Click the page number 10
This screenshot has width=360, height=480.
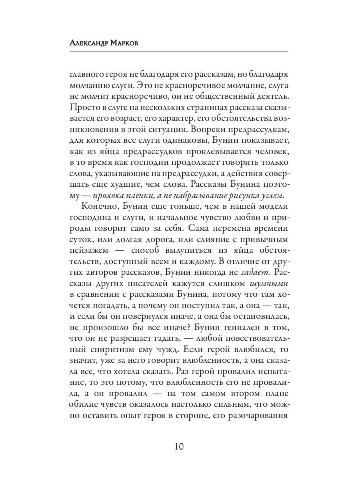click(x=180, y=446)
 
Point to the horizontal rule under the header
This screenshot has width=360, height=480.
click(x=179, y=51)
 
